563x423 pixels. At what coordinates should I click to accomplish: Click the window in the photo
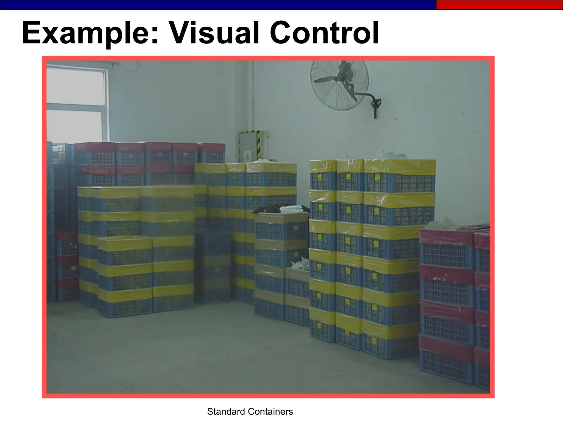point(76,105)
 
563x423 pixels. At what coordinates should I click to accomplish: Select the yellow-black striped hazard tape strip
point(258,146)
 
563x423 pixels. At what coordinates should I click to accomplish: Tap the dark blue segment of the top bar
point(217,5)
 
